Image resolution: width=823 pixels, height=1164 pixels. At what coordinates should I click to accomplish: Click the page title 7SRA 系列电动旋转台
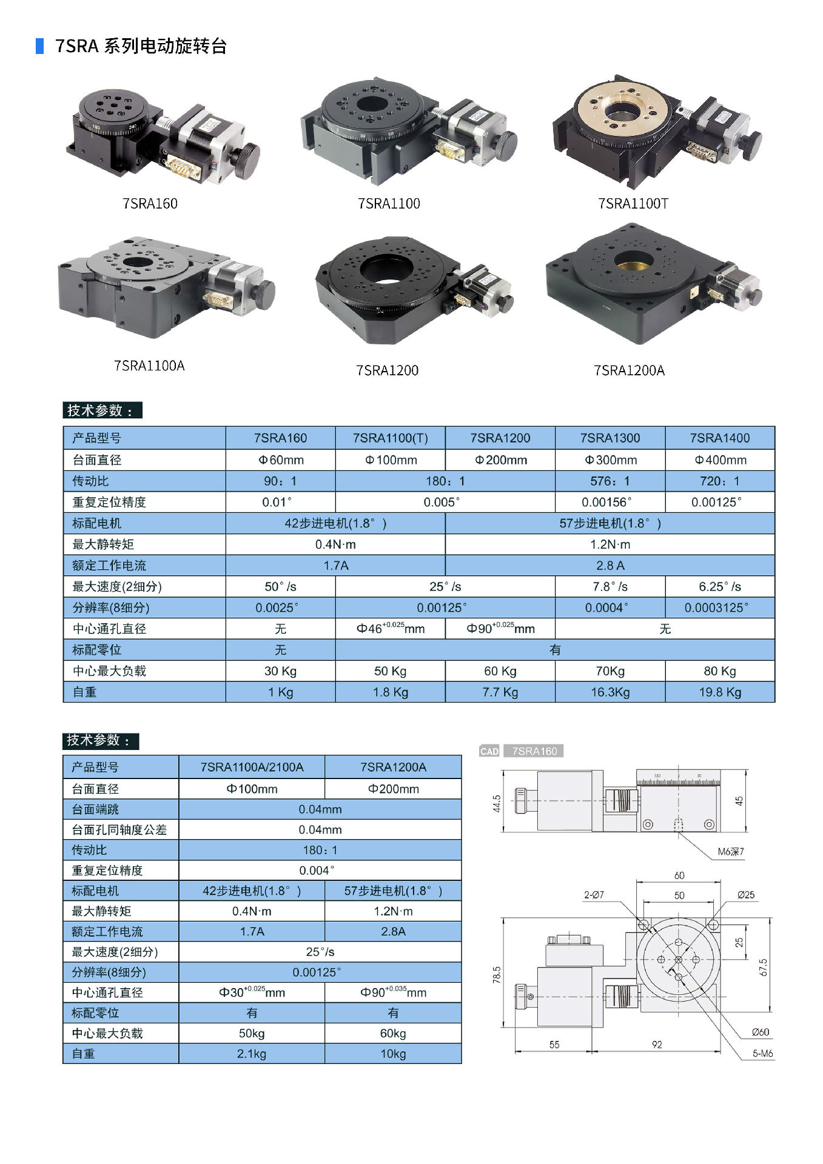[141, 46]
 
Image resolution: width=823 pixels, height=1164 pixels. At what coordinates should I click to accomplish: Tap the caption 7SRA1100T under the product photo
[633, 204]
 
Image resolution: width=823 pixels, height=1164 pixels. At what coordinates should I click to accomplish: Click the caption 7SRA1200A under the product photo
[629, 370]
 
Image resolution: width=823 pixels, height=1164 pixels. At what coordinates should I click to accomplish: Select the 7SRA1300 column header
[610, 438]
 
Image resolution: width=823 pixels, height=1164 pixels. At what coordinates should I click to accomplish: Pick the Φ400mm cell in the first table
[720, 460]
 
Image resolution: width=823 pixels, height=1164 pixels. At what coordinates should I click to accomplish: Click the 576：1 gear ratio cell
[610, 481]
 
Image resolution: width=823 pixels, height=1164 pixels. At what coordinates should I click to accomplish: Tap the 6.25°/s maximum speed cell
[720, 587]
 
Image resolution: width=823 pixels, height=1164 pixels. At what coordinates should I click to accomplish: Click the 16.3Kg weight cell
[610, 692]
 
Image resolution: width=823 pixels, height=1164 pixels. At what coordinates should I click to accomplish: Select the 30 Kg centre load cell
[280, 671]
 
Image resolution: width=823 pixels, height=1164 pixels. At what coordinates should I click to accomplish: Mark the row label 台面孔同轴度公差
[119, 829]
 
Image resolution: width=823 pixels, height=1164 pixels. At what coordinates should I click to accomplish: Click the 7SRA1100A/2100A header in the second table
[252, 767]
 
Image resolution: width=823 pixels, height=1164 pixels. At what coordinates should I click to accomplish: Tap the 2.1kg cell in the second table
[252, 1054]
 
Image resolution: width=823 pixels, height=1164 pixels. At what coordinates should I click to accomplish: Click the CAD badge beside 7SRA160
[489, 751]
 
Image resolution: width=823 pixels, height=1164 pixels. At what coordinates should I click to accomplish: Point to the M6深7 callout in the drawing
[730, 852]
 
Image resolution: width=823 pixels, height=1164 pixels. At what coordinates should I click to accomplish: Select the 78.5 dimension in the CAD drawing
[497, 975]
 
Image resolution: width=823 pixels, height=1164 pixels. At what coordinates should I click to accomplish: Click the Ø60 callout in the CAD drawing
[761, 1032]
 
